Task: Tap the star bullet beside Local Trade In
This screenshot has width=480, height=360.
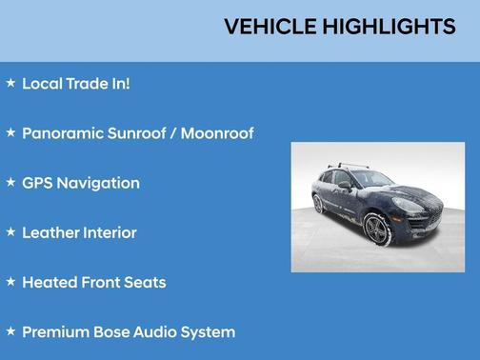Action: pyautogui.click(x=11, y=83)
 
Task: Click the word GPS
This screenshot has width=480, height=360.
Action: pyautogui.click(x=37, y=183)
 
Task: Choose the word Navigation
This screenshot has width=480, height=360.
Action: pyautogui.click(x=98, y=183)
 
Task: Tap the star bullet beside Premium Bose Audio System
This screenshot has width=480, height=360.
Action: pyautogui.click(x=11, y=331)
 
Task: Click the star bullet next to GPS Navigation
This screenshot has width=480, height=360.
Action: pyautogui.click(x=11, y=182)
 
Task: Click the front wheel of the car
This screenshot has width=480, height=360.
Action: pyautogui.click(x=374, y=229)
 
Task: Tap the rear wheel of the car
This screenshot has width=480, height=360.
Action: pyautogui.click(x=318, y=204)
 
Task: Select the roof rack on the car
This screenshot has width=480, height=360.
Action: pyautogui.click(x=349, y=167)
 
